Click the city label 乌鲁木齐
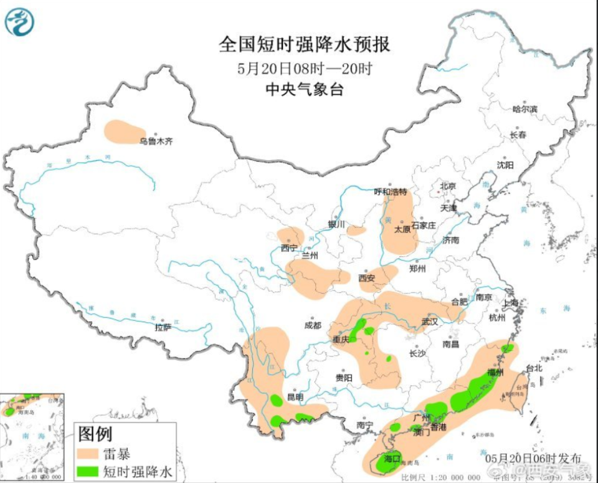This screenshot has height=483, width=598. click(x=155, y=141)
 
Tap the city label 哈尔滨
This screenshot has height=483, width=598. click(x=524, y=109)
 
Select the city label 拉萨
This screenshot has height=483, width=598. click(x=163, y=326)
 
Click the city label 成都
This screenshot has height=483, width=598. click(x=313, y=325)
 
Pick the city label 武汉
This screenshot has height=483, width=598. click(x=430, y=322)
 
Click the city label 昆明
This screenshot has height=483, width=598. click(x=295, y=397)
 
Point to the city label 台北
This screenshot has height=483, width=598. click(x=534, y=368)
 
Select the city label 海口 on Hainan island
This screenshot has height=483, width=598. click(x=391, y=459)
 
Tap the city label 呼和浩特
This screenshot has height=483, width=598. click(x=390, y=191)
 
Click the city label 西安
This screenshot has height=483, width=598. click(x=367, y=279)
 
